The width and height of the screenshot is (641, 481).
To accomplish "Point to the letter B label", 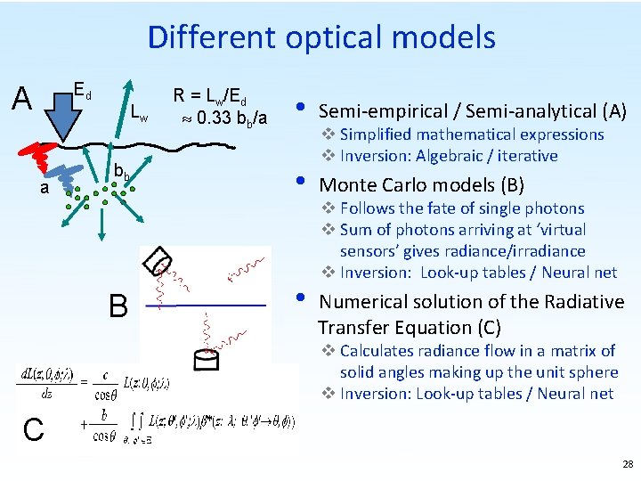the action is click(x=118, y=307).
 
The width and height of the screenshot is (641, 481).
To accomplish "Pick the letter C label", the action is click(x=33, y=430).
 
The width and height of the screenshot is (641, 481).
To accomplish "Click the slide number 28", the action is click(x=629, y=464).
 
